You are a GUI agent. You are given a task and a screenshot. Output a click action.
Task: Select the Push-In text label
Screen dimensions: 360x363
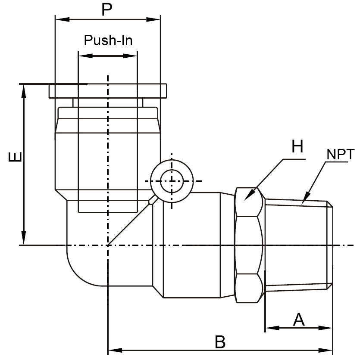(108, 40)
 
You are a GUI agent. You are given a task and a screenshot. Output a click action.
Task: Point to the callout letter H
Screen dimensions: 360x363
(297, 147)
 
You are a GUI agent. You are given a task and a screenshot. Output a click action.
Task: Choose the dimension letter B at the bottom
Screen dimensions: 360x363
(220, 343)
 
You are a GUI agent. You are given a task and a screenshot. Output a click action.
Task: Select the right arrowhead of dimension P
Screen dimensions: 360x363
(156, 19)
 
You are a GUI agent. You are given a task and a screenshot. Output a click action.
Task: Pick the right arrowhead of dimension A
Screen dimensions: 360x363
(328, 328)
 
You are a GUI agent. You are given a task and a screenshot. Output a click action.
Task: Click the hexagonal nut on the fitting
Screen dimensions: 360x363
(249, 245)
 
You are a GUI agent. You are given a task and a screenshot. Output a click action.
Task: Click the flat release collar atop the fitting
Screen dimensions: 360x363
(108, 91)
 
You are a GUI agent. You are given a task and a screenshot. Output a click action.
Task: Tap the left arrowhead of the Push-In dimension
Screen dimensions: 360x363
(82, 56)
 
